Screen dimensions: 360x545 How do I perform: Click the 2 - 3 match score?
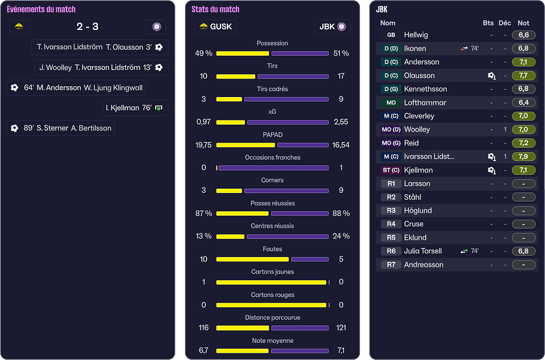tap(87, 26)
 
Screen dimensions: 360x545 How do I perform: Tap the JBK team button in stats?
tap(332, 26)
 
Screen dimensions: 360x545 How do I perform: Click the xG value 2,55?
tap(341, 122)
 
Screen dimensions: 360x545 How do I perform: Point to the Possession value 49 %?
tap(204, 53)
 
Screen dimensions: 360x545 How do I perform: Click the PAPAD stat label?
tap(272, 135)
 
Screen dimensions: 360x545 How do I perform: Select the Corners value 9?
tap(341, 190)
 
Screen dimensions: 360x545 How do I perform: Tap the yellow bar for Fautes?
tap(252, 259)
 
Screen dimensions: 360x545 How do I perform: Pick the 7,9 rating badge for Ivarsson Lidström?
tap(523, 156)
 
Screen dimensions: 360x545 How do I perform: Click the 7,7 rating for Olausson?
tap(523, 75)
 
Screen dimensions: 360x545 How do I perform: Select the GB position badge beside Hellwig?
tap(390, 35)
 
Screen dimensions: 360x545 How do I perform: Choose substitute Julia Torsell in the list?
tap(423, 251)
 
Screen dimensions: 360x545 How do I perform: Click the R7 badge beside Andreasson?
tap(390, 265)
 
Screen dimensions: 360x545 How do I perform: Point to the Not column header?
tap(523, 23)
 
